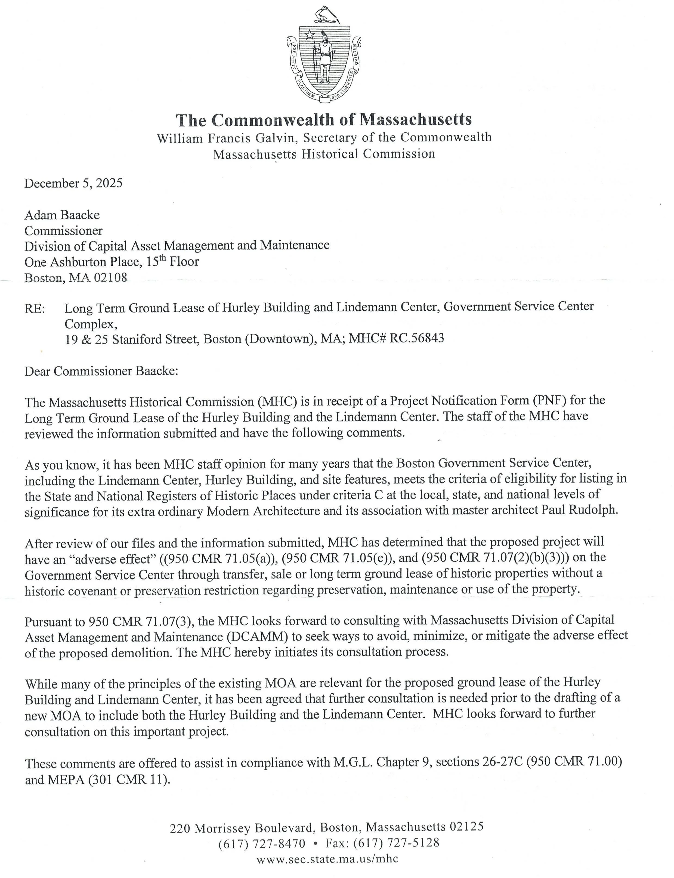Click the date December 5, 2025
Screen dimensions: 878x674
73,183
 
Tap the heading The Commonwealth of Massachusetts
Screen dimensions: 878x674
324,119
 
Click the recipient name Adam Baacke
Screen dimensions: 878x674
62,215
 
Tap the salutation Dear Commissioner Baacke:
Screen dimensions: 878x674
101,371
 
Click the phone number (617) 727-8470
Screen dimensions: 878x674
262,843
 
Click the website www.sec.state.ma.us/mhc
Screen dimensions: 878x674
327,859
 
